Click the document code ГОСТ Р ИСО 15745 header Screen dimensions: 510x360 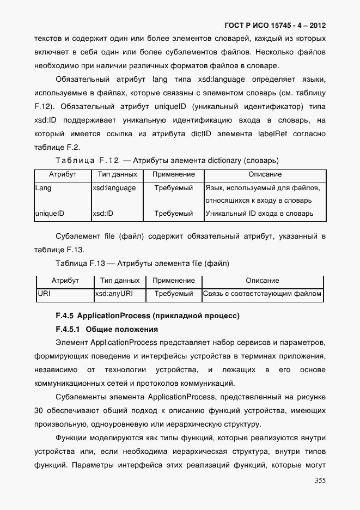[275, 26]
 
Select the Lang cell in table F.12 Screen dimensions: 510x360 [43, 188]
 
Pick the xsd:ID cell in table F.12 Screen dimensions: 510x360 [103, 214]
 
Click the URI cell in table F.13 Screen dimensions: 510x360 [44, 294]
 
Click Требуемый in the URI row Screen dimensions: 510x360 [174, 294]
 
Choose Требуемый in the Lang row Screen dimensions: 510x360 [174, 188]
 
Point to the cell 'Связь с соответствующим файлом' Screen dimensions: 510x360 [262, 294]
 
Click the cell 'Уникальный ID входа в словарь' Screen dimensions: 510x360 [259, 214]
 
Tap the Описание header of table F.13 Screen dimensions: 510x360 [262, 281]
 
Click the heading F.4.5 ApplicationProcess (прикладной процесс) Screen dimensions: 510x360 [147, 316]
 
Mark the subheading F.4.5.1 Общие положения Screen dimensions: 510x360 [107, 329]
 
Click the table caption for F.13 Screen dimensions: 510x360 [142, 263]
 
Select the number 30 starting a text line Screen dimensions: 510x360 [39, 410]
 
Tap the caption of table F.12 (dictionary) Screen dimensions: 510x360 [167, 160]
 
